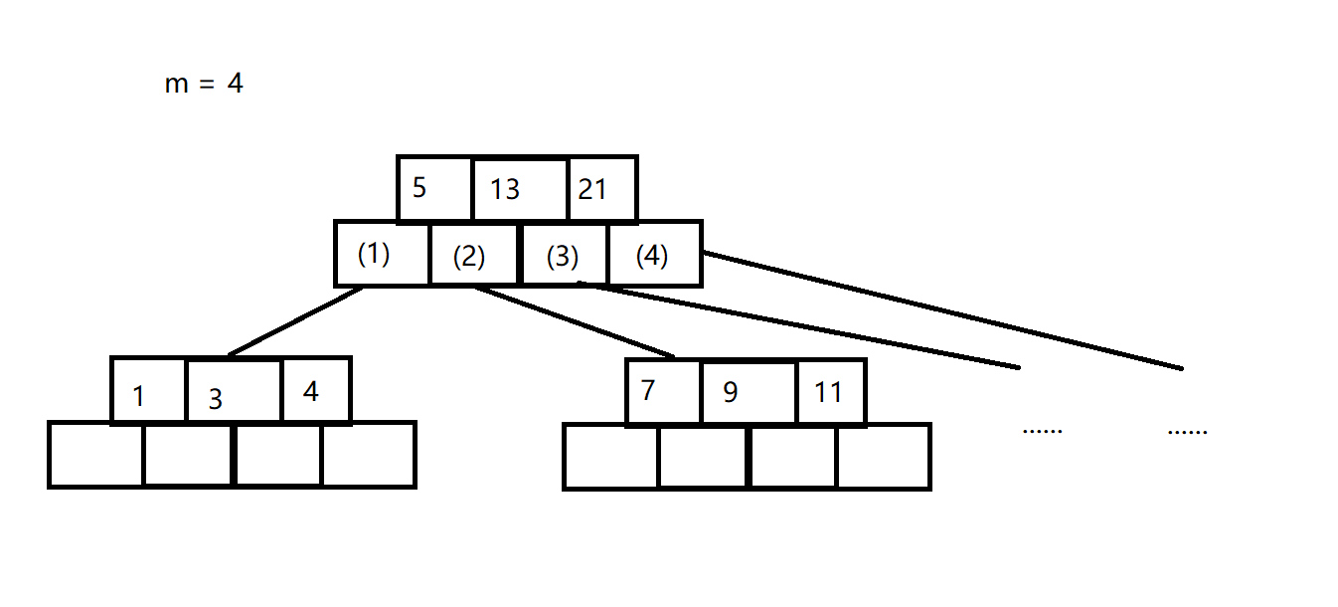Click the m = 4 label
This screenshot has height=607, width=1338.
click(x=204, y=85)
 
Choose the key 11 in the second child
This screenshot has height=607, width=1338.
click(x=830, y=392)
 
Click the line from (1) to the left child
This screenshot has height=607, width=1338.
click(x=295, y=321)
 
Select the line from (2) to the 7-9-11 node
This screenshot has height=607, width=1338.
click(x=575, y=321)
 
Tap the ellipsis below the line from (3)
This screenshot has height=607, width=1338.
click(x=1042, y=431)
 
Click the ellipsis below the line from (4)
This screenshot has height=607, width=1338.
click(x=1187, y=432)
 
